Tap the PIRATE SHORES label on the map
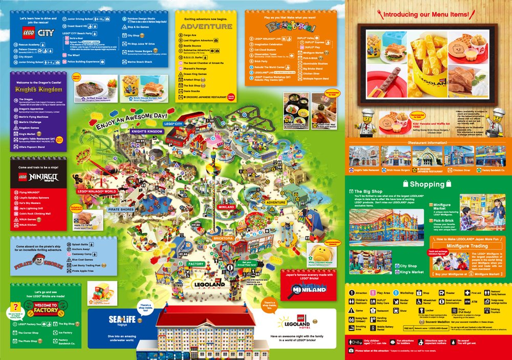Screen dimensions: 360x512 coord(120,209)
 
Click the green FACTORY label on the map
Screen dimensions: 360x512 coord(196,264)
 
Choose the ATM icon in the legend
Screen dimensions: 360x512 coord(466,302)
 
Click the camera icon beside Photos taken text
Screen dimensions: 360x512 coord(351,351)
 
